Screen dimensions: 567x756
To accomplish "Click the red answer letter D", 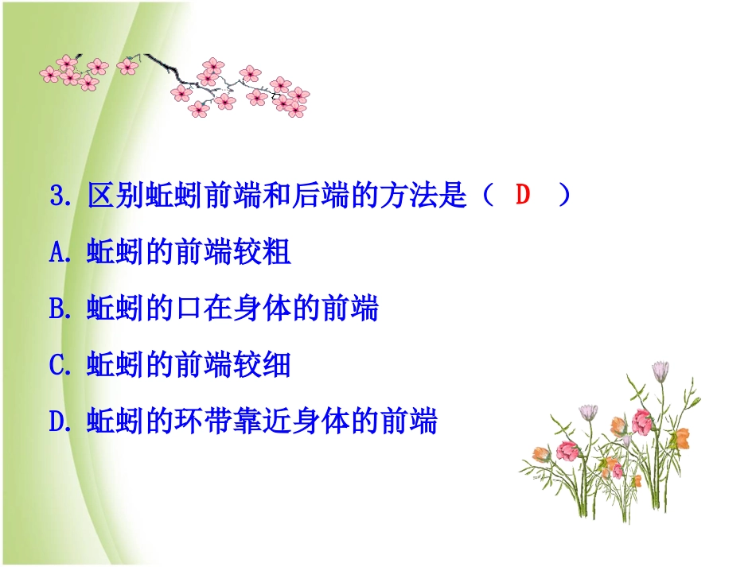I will pos(522,196).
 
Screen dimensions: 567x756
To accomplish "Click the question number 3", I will pos(57,196).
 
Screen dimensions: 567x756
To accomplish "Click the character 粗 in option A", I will pos(277,253).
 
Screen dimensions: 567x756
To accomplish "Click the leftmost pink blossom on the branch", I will pos(49,74).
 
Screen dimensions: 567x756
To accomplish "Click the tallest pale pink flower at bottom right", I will pos(661,371).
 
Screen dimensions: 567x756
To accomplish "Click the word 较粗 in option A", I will pos(262,253).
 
